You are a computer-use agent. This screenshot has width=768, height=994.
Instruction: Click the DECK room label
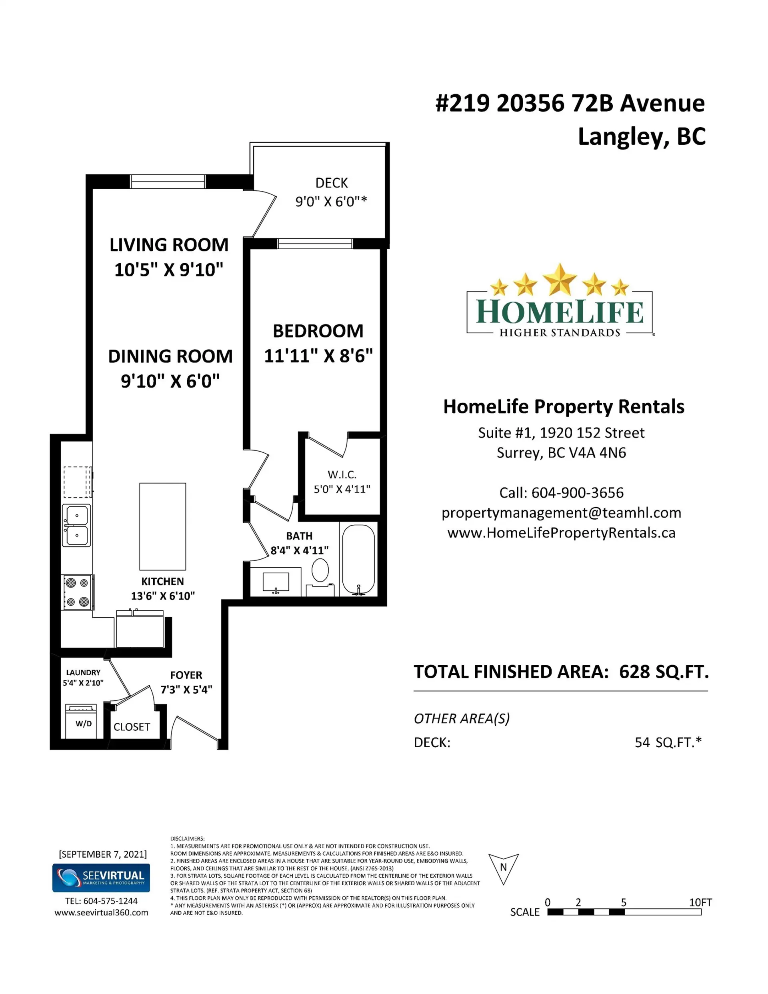332,183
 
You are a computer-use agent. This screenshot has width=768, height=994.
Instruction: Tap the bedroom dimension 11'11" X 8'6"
318,356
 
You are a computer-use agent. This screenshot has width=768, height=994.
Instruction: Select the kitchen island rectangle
162,526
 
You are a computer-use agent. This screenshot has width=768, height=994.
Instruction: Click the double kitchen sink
76,525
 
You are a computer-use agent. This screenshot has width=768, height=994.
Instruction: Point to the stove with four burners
77,592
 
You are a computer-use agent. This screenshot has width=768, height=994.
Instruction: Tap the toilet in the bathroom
320,572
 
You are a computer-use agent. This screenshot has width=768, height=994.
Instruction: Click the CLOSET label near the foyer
132,727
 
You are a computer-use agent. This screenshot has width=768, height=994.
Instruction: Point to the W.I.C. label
342,475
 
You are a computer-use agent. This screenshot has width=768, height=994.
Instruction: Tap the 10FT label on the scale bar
700,902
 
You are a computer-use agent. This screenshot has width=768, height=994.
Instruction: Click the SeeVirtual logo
101,878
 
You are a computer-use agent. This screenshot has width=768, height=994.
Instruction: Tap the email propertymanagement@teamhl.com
561,512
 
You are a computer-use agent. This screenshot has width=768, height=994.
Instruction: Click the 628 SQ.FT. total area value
663,672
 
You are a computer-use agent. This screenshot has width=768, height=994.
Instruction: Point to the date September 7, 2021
103,854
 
